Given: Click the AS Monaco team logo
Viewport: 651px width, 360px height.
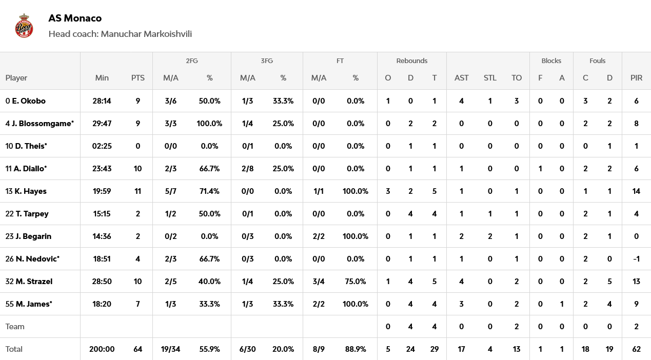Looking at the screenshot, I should point(24,26).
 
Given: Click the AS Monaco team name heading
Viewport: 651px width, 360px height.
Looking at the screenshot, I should point(75,18).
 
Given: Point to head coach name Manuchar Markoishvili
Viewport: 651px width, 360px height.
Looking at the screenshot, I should point(146,34).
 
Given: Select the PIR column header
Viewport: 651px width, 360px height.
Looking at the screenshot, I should point(636,78).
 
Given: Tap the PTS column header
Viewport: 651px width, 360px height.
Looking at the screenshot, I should point(137,78).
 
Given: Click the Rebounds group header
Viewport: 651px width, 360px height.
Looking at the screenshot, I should point(411,61).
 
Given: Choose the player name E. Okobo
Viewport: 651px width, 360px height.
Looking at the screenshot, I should point(29,101).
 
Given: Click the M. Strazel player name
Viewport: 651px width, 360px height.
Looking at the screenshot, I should point(34,282).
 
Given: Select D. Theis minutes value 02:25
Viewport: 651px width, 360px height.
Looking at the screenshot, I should point(102,146).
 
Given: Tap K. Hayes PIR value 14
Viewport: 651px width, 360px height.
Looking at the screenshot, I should point(636,191).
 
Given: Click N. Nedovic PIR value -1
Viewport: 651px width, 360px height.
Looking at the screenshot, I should point(636,259).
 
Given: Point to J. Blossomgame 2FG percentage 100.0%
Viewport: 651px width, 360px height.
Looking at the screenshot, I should point(209,124).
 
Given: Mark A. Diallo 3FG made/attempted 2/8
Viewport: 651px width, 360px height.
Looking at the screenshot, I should point(248,169).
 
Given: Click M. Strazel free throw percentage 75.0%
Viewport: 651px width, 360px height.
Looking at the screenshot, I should point(356,282).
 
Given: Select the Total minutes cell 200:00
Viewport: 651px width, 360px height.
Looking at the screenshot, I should point(102,349).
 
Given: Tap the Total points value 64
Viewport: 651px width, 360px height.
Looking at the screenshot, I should point(137,349).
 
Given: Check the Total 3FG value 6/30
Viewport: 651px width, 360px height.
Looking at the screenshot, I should point(248,349).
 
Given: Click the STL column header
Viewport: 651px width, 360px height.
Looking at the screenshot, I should point(490,78).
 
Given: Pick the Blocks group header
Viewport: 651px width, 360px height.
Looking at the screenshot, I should point(551,61).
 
